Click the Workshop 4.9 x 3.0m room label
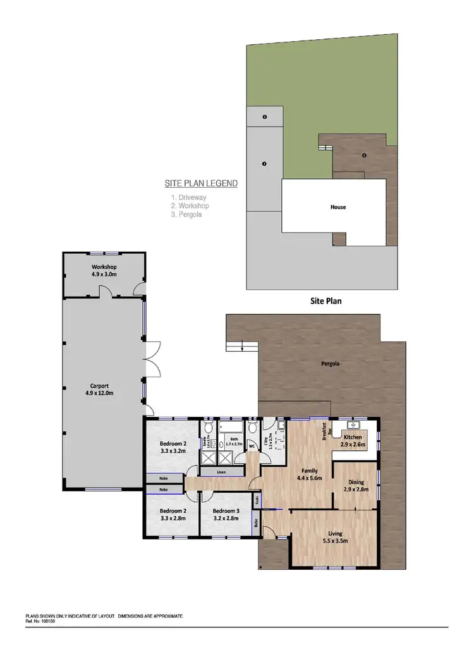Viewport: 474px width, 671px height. coord(104,271)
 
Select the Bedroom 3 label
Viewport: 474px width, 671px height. coord(225,514)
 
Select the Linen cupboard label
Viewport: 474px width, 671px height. coord(221,472)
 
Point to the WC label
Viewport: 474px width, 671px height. coord(252,446)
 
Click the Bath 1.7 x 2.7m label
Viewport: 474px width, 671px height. coord(233,441)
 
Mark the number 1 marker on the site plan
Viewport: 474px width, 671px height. coord(264,164)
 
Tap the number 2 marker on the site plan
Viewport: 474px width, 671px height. coord(264,117)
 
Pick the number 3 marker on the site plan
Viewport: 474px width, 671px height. coord(364,155)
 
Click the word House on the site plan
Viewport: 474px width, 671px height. coord(338,207)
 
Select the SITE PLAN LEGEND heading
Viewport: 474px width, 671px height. coord(201,184)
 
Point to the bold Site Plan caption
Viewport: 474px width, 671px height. coord(325,301)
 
